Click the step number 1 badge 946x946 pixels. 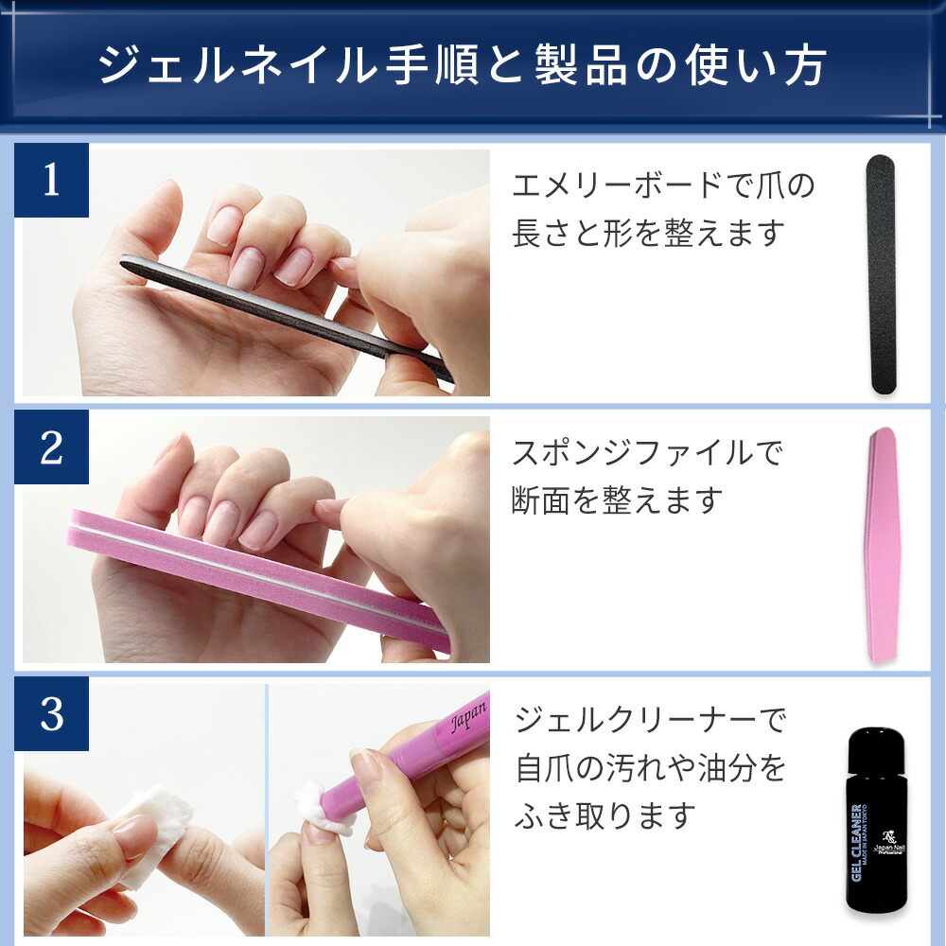pyautogui.click(x=51, y=180)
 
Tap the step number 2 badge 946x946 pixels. pyautogui.click(x=51, y=447)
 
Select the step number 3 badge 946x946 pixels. pyautogui.click(x=51, y=713)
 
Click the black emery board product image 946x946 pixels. pyautogui.click(x=882, y=274)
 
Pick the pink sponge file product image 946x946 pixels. pyautogui.click(x=883, y=545)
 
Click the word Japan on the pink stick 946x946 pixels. pyautogui.click(x=468, y=716)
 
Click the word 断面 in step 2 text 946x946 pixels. pyautogui.click(x=541, y=500)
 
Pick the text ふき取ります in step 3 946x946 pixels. pyautogui.click(x=605, y=815)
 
